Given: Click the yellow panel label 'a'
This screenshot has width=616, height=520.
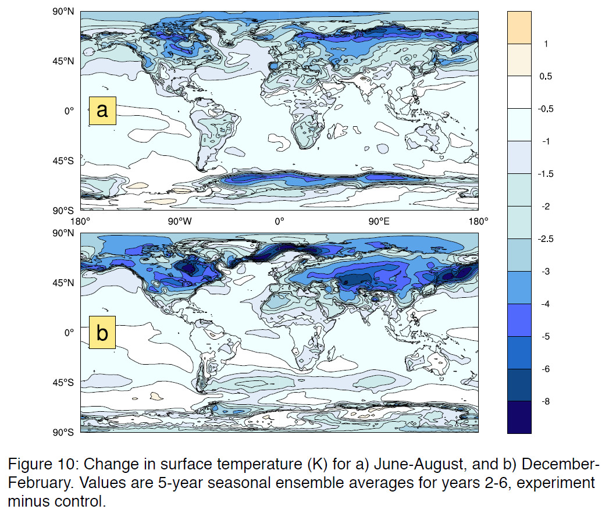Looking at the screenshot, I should pos(102,110).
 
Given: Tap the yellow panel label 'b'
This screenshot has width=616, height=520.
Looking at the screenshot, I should pos(102,334).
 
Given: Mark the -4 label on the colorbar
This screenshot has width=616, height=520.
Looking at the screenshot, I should pos(547,304).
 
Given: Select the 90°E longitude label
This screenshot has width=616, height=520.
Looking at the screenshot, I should pos(378,221).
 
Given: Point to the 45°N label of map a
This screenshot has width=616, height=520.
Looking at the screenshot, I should pos(65,60).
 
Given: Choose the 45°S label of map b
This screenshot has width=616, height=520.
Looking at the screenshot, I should pos(65,383).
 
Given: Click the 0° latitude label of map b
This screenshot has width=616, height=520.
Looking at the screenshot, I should pos(70,333).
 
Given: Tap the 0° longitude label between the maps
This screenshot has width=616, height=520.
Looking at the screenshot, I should pos(279,221).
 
